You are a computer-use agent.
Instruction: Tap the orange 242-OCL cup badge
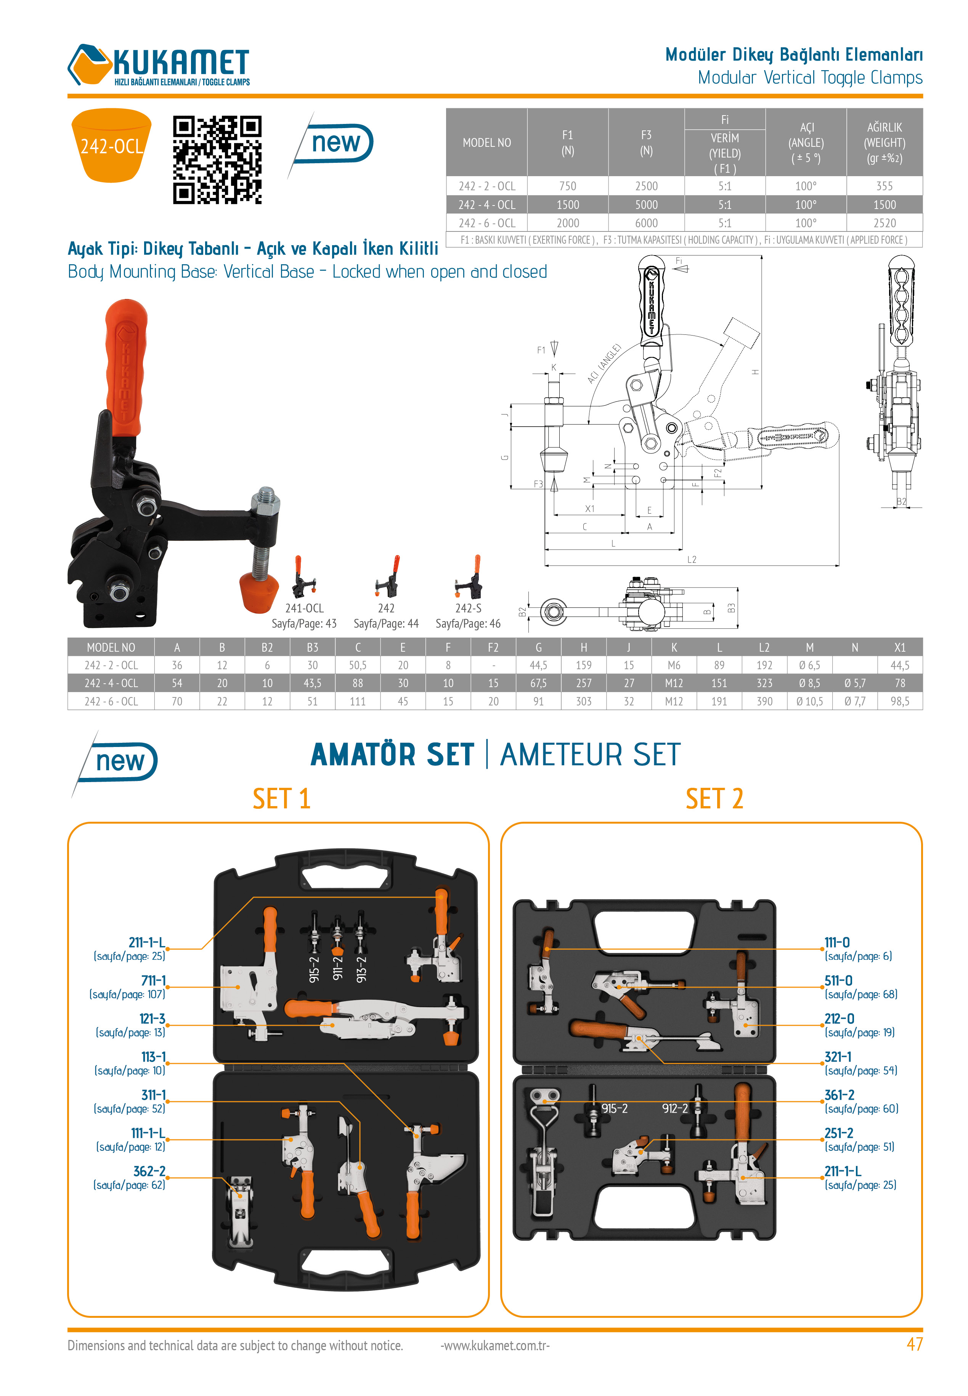point(112,146)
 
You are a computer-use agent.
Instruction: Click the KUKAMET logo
point(159,65)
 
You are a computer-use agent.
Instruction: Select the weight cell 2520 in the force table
point(884,223)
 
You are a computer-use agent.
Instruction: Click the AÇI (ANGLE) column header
point(806,143)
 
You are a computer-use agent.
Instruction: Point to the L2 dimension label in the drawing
point(692,559)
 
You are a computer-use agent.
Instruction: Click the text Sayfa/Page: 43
point(304,623)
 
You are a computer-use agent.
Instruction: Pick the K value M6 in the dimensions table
point(673,665)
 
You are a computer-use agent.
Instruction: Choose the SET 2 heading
point(714,798)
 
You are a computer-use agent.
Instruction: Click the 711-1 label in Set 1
point(153,981)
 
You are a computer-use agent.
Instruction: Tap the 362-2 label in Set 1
point(149,1171)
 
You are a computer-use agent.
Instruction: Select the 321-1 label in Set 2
point(838,1056)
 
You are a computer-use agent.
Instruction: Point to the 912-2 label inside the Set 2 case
point(674,1108)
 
